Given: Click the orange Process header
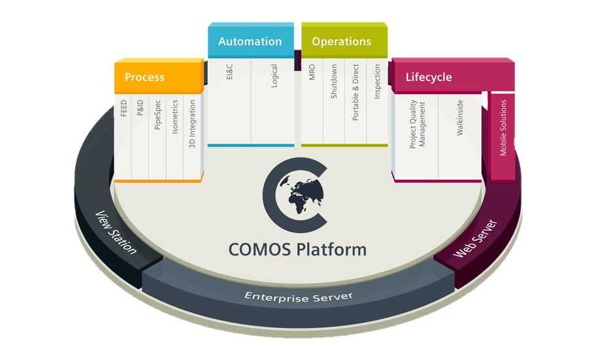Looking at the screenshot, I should (x=145, y=78).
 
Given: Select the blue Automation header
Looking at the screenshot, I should (x=250, y=41).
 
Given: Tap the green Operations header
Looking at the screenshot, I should (x=341, y=41).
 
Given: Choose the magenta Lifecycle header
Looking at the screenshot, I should (x=429, y=77).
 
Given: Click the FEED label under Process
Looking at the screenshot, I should (x=124, y=108).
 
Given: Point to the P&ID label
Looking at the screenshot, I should (x=141, y=108).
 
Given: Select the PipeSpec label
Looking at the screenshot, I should (x=157, y=115).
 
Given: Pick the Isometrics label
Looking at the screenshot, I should (x=174, y=116).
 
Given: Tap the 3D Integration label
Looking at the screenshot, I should (x=192, y=122).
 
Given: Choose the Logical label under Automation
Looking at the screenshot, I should (x=274, y=76).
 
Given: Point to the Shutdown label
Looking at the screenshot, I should (x=333, y=81).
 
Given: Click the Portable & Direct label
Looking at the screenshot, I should (x=356, y=92).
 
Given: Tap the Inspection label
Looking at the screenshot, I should (x=377, y=82).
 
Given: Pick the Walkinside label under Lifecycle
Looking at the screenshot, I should (x=460, y=118).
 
